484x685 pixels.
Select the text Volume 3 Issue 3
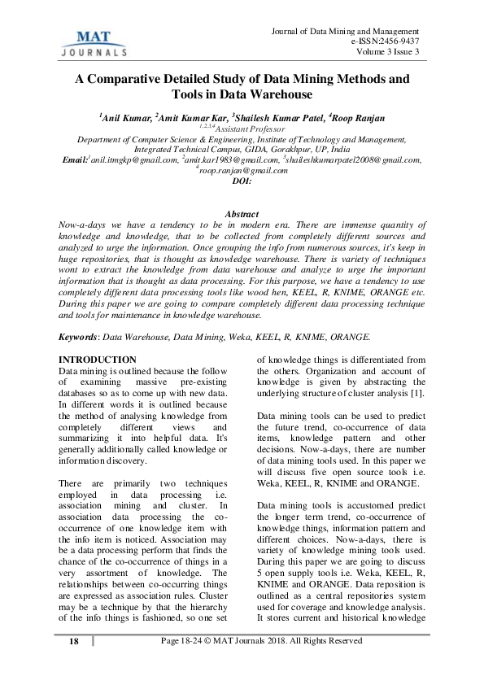click(x=388, y=53)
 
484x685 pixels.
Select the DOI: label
click(x=242, y=181)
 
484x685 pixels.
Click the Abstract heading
click(x=242, y=212)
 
